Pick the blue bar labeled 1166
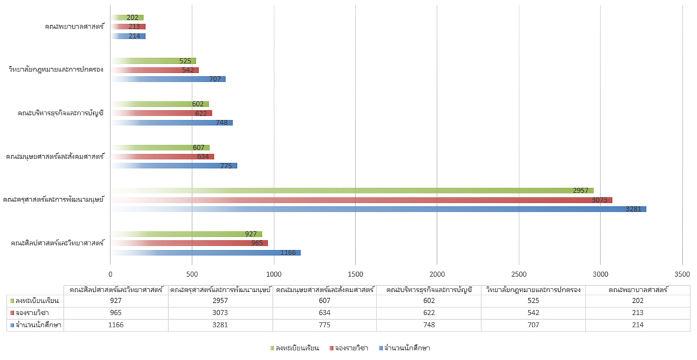click(205, 252)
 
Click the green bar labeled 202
click(127, 18)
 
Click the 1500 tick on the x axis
click(355, 274)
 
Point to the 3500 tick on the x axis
click(682, 274)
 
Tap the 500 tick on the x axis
click(192, 274)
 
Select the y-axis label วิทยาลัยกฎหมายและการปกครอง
click(56, 69)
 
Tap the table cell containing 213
click(638, 313)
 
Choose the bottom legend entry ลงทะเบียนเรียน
click(298, 348)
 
